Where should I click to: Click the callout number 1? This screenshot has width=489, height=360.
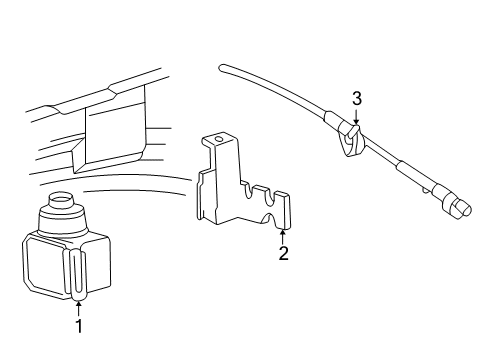click(x=79, y=326)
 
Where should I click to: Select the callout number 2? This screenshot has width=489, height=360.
click(x=283, y=253)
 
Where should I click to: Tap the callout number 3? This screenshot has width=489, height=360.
click(x=357, y=99)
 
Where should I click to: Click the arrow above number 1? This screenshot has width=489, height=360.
click(x=79, y=308)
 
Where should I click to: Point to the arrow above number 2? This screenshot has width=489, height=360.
click(x=283, y=237)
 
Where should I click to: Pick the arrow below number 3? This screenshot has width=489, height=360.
click(x=356, y=116)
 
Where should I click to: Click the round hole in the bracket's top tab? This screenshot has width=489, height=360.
click(x=219, y=139)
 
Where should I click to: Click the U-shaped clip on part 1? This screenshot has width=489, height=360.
click(x=77, y=274)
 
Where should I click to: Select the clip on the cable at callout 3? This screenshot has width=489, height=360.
click(x=352, y=141)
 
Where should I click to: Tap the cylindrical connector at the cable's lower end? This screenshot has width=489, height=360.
click(x=459, y=208)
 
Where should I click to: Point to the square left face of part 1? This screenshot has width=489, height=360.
click(x=45, y=264)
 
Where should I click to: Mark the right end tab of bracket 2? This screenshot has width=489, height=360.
click(x=284, y=210)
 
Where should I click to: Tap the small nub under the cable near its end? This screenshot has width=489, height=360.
click(x=426, y=190)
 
